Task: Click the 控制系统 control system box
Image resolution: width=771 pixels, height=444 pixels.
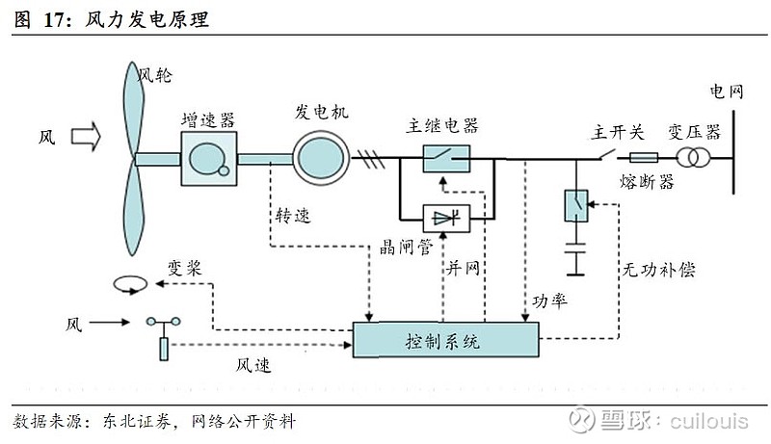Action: point(445,341)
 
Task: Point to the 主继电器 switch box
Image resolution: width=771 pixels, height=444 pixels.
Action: point(446,158)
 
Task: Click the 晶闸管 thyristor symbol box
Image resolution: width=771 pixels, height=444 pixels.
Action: point(446,218)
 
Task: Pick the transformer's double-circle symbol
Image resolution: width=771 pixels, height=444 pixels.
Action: point(691,158)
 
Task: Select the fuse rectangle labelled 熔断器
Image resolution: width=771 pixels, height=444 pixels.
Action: point(643,158)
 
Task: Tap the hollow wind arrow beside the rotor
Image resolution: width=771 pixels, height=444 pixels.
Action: point(84,137)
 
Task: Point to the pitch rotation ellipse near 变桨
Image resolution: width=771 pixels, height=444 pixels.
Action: point(130,284)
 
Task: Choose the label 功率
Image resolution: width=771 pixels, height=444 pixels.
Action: point(551,300)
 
